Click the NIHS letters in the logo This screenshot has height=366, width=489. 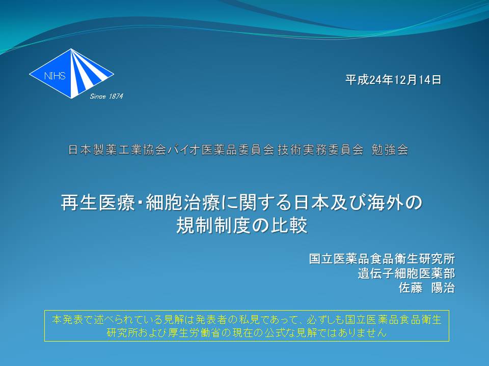[55, 76]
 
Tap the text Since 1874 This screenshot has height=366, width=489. [106, 97]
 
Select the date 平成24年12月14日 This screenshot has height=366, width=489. [393, 80]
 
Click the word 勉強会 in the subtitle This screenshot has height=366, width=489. [390, 149]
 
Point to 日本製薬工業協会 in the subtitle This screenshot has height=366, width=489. [117, 149]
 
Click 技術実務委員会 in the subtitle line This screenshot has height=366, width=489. [320, 149]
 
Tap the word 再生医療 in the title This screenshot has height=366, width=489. [98, 202]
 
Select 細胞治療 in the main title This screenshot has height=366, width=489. [183, 202]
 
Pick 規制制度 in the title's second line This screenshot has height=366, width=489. [213, 225]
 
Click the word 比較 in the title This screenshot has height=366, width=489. [289, 225]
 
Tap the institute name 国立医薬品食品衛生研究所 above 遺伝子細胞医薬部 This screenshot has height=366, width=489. [382, 259]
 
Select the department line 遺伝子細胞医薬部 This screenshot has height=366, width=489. [406, 273]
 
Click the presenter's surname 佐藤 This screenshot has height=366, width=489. [411, 288]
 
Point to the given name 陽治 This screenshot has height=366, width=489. [443, 288]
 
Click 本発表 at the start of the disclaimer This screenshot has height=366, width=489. [68, 320]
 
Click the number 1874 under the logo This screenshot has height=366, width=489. [116, 97]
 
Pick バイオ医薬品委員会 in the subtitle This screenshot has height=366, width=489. [222, 149]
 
